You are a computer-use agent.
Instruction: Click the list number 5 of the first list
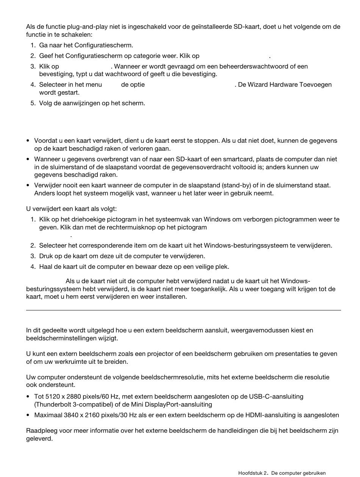(x=33, y=103)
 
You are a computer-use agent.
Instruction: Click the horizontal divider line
(x=183, y=310)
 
